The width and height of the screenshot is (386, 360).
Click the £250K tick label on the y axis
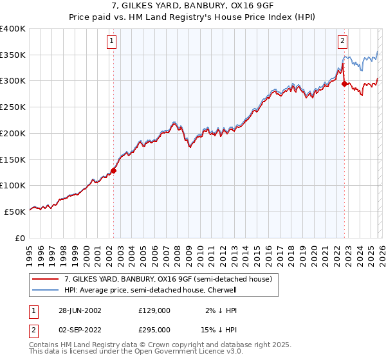point(13,107)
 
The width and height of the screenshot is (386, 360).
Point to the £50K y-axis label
point(15,212)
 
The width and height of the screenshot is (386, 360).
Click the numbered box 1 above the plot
point(112,41)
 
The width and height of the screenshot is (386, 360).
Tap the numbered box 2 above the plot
point(342,41)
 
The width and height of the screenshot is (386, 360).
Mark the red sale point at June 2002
point(114,170)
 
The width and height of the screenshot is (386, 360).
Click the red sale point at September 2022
point(345,84)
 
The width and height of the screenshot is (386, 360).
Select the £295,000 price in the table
point(154,329)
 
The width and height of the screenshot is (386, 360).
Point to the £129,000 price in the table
point(154,310)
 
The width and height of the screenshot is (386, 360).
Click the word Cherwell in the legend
point(221,290)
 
